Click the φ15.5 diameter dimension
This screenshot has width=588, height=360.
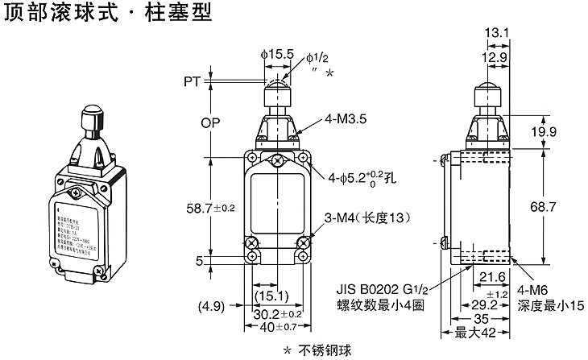tap(277, 53)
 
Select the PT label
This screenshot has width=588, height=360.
tap(192, 81)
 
